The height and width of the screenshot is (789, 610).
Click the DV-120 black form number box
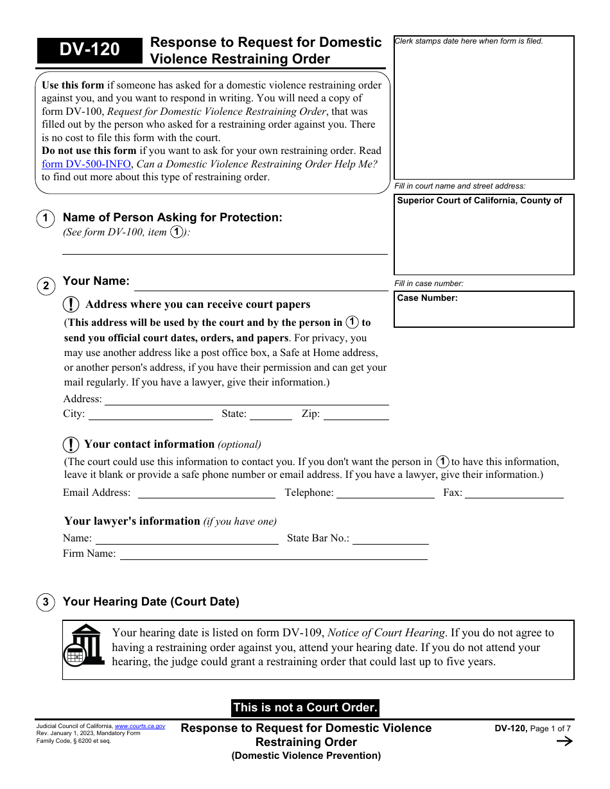point(89,50)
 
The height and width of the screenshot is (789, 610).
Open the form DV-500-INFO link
point(86,164)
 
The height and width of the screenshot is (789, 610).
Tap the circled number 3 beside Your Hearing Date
point(46,602)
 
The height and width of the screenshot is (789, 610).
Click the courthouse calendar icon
point(84,646)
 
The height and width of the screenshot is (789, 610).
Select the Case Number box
point(484,309)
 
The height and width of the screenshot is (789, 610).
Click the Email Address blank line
point(206,493)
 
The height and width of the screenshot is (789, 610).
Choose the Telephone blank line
point(385,493)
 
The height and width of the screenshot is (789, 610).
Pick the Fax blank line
point(514,493)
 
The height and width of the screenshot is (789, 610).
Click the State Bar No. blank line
point(390,539)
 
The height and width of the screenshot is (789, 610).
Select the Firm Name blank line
point(274,554)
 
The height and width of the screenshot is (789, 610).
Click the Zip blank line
point(356,414)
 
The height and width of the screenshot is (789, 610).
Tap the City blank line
point(150,414)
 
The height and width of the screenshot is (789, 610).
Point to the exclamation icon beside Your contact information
point(71,445)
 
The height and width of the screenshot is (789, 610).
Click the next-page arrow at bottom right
point(564,742)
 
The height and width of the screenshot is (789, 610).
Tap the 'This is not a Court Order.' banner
point(305,708)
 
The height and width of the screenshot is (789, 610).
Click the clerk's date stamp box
point(484,107)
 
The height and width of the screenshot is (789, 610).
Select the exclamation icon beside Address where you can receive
point(71,305)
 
